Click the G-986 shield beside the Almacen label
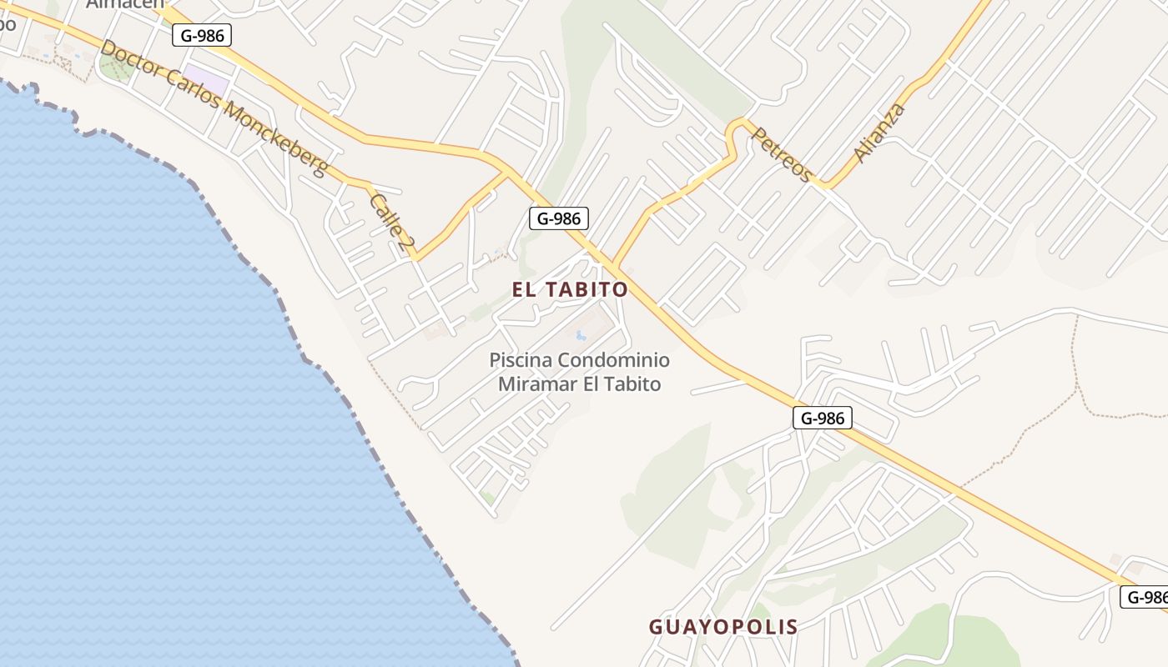[x=201, y=35]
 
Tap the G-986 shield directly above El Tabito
[x=559, y=218]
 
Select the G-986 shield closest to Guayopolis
[x=822, y=418]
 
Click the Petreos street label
[x=782, y=154]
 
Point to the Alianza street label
[x=879, y=133]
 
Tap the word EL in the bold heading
[x=527, y=289]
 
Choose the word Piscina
[x=520, y=360]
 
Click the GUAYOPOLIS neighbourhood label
[x=723, y=626]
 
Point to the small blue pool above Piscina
[x=579, y=335]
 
